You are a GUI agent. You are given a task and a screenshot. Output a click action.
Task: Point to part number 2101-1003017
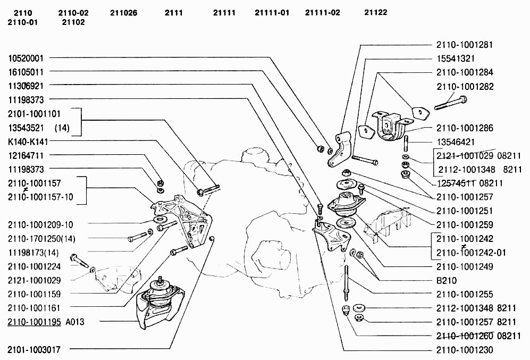pyautogui.click(x=34, y=349)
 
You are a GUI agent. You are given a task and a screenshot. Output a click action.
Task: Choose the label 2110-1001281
pyautogui.click(x=465, y=45)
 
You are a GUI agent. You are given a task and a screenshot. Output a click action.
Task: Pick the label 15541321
pyautogui.click(x=456, y=58)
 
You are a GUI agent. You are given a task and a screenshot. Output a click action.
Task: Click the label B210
pyautogui.click(x=446, y=280)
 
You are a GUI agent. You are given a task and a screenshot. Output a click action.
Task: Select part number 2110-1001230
pyautogui.click(x=465, y=350)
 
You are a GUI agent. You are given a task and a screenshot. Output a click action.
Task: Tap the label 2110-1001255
pyautogui.click(x=465, y=294)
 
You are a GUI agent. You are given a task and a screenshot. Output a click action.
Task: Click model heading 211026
pyautogui.click(x=123, y=13)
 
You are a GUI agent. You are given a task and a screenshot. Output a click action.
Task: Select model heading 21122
pyautogui.click(x=376, y=13)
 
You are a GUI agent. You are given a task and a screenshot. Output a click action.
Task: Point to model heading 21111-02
pyautogui.click(x=323, y=13)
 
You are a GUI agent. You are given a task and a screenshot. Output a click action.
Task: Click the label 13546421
pyautogui.click(x=456, y=142)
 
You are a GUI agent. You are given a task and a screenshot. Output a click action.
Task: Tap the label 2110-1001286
pyautogui.click(x=465, y=128)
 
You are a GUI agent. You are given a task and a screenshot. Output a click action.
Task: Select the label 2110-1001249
pyautogui.click(x=465, y=266)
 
